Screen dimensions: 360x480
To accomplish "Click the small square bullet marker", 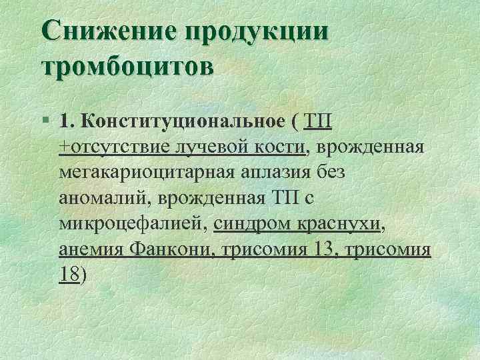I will click(44, 122).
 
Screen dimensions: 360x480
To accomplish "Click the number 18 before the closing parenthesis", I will click(68, 274).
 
